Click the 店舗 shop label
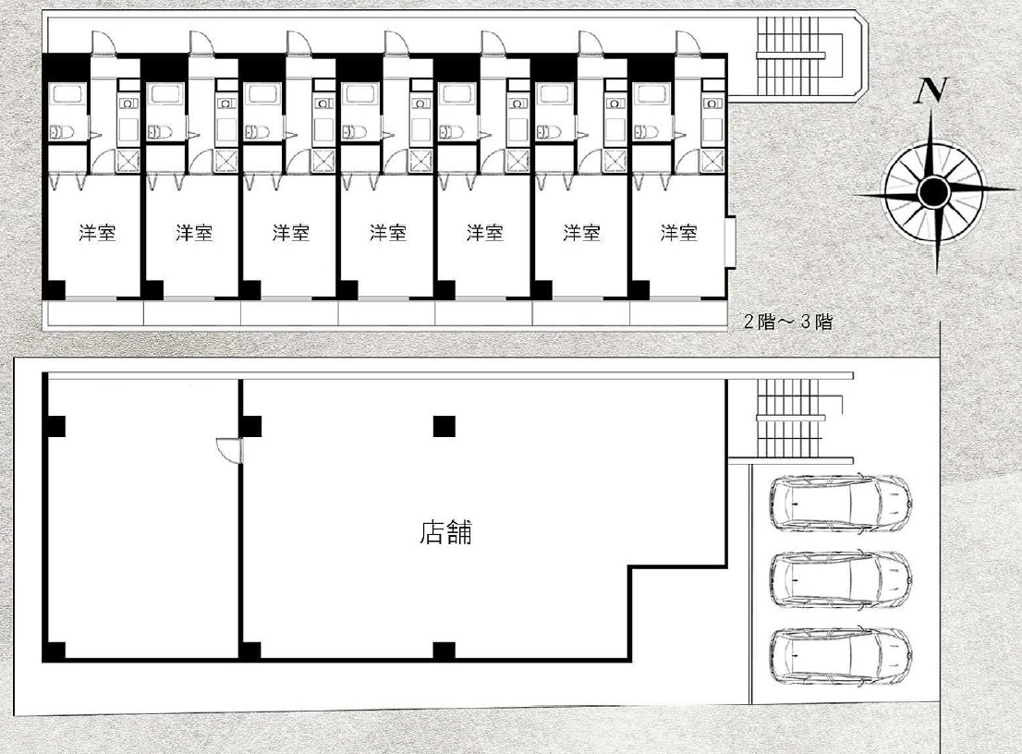[445, 532]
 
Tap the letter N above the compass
[931, 91]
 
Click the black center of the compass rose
[933, 191]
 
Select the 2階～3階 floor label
[788, 322]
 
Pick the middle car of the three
[839, 579]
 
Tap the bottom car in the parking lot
[839, 656]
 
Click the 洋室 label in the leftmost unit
[97, 233]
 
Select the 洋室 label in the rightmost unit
[678, 233]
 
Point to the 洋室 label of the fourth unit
[388, 233]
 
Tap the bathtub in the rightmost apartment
[651, 94]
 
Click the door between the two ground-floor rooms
[229, 450]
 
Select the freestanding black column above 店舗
[444, 426]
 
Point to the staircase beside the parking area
[790, 419]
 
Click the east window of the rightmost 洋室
[731, 241]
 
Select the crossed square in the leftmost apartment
[128, 161]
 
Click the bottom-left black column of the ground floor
[55, 651]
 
